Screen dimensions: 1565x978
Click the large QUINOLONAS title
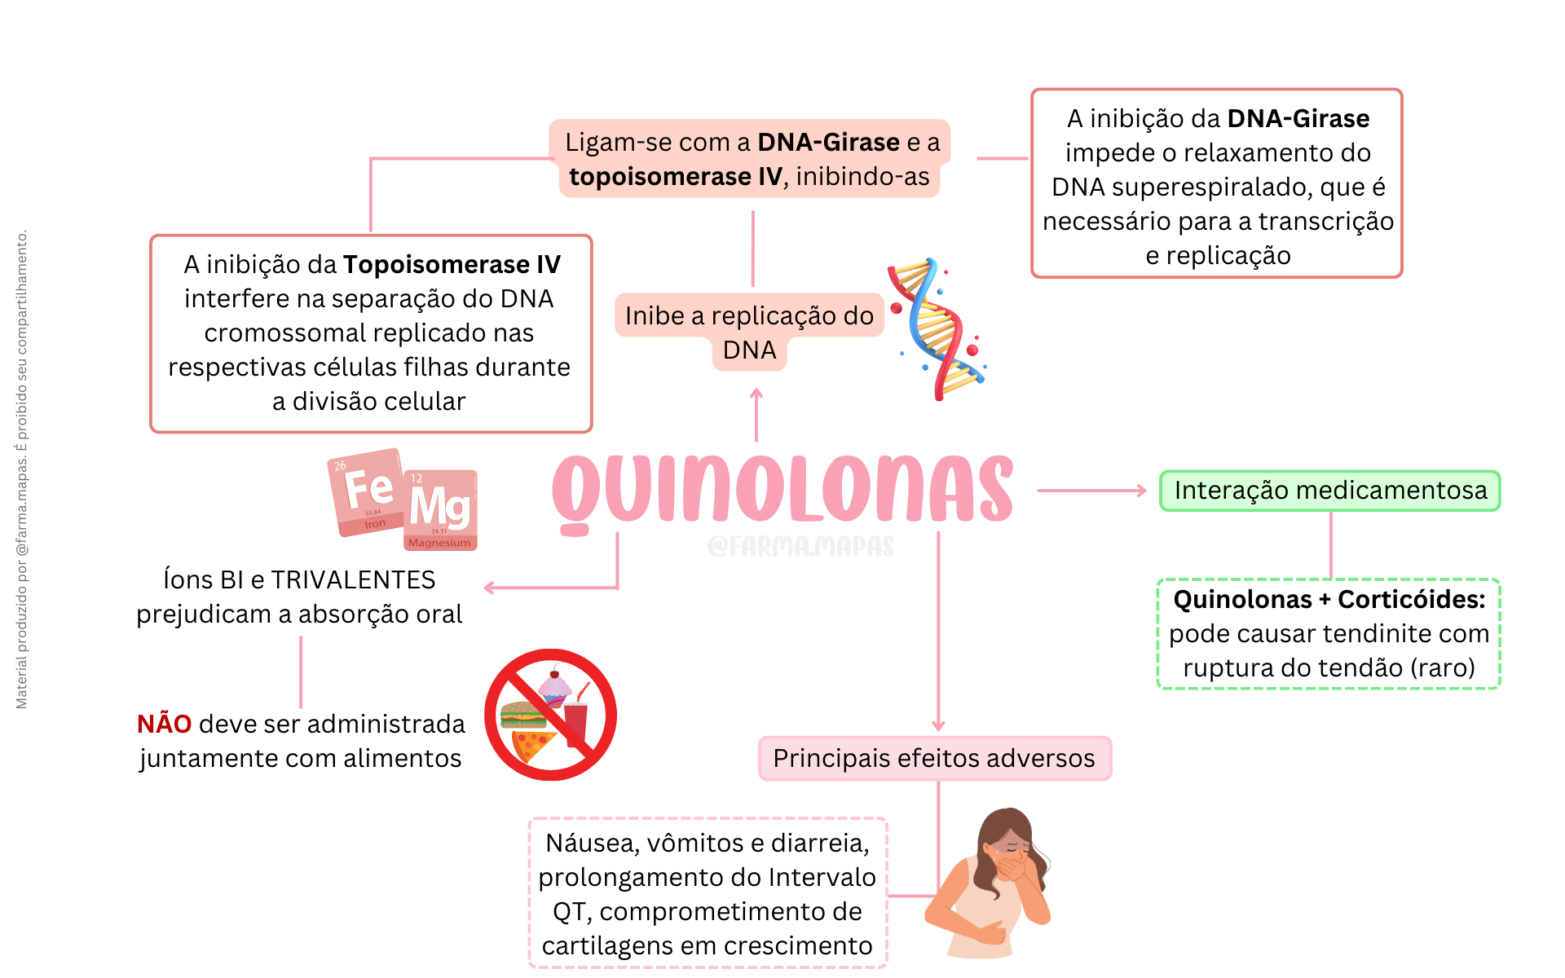click(x=782, y=491)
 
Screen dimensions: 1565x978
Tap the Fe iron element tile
click(x=367, y=491)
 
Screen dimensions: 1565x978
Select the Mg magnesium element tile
click(x=440, y=510)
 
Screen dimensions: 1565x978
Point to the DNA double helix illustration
click(x=937, y=329)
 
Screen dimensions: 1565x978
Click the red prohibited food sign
click(x=550, y=715)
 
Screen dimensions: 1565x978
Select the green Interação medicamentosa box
click(x=1330, y=491)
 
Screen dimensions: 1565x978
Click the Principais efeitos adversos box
click(x=935, y=759)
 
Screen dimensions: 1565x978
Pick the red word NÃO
click(x=164, y=724)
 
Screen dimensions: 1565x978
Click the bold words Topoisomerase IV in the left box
click(x=452, y=265)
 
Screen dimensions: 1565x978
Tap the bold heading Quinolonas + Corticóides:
click(x=1329, y=600)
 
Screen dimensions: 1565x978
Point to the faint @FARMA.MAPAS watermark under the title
click(x=800, y=546)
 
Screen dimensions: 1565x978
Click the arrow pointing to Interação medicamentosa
click(x=1092, y=491)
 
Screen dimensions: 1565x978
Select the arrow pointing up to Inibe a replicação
click(x=756, y=415)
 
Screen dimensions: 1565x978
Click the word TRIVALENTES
click(x=353, y=580)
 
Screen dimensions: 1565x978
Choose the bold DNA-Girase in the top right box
click(x=1298, y=119)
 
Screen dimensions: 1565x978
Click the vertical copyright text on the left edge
click(x=22, y=469)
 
